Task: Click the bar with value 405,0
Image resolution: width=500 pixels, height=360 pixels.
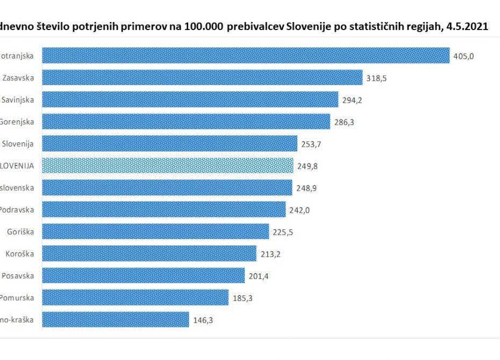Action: click(245, 55)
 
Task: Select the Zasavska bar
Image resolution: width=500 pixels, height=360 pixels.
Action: click(202, 77)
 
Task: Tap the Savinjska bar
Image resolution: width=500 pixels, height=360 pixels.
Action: click(190, 99)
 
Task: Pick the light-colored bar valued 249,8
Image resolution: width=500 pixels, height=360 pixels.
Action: click(168, 165)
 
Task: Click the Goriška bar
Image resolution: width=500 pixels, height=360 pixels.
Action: click(155, 232)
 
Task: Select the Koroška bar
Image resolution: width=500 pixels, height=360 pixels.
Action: click(149, 254)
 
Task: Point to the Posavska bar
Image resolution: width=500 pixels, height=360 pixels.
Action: click(143, 276)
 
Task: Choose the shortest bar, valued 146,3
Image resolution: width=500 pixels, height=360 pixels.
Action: click(116, 320)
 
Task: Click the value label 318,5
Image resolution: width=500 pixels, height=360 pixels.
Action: click(376, 78)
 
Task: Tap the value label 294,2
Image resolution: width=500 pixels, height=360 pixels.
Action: click(352, 100)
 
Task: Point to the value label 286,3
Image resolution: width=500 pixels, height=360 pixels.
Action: click(344, 122)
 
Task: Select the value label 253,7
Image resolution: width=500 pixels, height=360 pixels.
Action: click(311, 144)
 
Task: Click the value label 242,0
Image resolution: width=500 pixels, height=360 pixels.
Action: click(299, 210)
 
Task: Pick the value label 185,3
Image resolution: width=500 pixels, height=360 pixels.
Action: click(242, 298)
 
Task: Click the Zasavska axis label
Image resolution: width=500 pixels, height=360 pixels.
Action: click(18, 78)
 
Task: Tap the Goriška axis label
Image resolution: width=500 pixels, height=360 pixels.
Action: click(21, 232)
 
